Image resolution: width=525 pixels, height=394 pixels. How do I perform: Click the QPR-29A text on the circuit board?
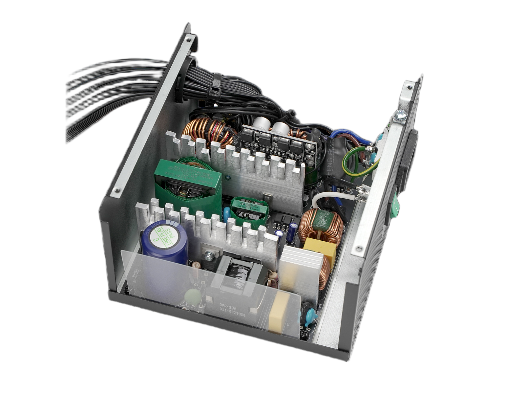[x=226, y=305]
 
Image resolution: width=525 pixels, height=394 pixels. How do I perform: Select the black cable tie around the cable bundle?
[x=217, y=86]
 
